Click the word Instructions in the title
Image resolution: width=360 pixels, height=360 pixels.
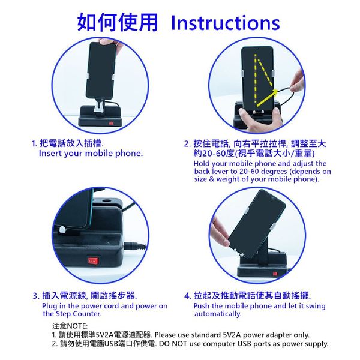click(x=225, y=23)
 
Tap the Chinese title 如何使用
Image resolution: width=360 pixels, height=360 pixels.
click(x=118, y=22)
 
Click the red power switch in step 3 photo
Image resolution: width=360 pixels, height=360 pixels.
click(x=93, y=261)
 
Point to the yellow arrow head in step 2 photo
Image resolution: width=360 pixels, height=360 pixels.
click(x=275, y=92)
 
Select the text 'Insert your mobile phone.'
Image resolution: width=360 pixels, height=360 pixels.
click(x=91, y=153)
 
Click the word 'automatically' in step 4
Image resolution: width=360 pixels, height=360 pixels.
click(x=218, y=314)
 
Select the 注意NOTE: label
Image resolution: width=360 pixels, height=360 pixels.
click(x=70, y=326)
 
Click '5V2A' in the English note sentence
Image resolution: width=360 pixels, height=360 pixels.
click(x=232, y=335)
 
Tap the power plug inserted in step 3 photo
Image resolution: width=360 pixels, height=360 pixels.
click(x=135, y=245)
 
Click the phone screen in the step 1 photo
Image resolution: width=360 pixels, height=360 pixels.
click(x=101, y=70)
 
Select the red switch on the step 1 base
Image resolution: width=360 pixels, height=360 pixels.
click(x=111, y=123)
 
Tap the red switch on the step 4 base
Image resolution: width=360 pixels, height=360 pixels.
click(x=275, y=274)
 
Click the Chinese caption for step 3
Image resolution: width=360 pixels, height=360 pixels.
click(x=85, y=295)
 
